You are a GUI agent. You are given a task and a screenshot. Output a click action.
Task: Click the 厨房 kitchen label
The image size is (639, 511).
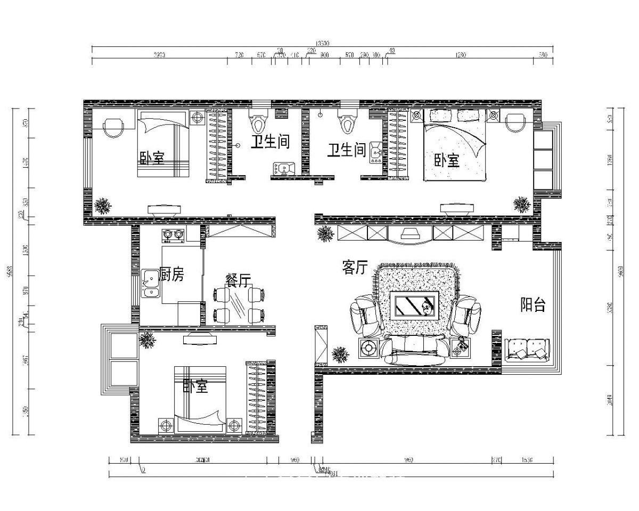click(x=171, y=275)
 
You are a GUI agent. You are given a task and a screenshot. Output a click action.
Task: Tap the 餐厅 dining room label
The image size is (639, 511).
click(x=238, y=281)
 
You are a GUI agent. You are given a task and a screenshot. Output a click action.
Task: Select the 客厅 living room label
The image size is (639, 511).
click(x=355, y=268)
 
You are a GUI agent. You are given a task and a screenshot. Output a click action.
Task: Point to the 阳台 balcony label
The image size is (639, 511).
click(x=532, y=305)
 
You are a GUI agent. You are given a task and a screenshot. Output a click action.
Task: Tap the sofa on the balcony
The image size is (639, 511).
click(x=527, y=349)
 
